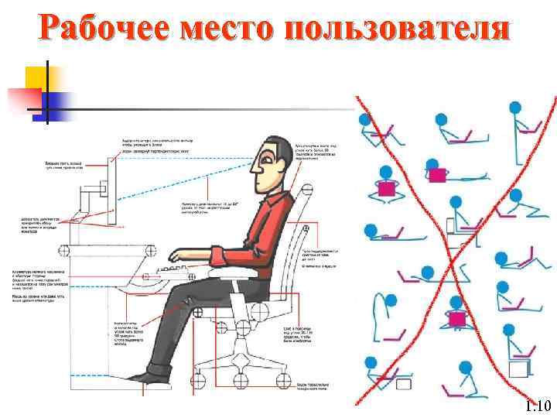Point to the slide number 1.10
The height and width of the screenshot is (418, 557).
[536, 406]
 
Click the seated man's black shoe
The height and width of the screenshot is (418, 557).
[148, 375]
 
